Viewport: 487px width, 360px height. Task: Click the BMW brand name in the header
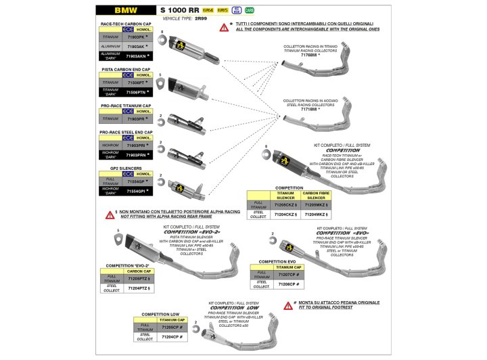(124, 11)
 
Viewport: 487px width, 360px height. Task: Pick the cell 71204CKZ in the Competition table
(285, 214)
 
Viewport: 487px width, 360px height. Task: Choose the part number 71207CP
(288, 275)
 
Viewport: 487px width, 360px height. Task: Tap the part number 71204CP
(171, 336)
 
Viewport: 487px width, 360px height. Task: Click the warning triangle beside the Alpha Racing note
(110, 215)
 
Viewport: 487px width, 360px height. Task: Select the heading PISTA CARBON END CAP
(126, 69)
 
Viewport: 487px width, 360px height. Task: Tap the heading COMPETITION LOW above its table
(162, 314)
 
